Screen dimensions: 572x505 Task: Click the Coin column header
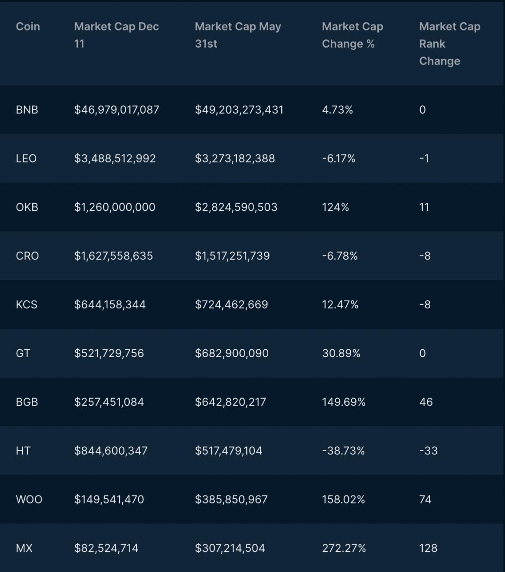(x=28, y=27)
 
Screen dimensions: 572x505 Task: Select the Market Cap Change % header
(x=352, y=35)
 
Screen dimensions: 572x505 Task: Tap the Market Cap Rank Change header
(x=450, y=44)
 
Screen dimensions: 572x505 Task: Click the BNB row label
(x=27, y=110)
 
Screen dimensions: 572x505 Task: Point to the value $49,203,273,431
(x=239, y=110)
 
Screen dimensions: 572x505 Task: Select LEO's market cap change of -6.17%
(x=339, y=159)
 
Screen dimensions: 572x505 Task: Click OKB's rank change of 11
(x=424, y=207)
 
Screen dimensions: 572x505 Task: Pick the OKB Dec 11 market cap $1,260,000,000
(x=114, y=207)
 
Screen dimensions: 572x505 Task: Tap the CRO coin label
(x=27, y=256)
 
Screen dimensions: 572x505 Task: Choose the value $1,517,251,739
(x=232, y=256)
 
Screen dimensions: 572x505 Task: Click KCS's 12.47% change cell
(x=340, y=305)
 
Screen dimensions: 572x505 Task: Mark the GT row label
(x=23, y=353)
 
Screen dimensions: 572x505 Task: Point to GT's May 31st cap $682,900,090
(x=232, y=353)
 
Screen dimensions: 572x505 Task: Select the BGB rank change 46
(x=426, y=402)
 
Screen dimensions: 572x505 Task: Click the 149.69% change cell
(x=343, y=402)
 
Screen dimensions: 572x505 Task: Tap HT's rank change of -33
(x=428, y=451)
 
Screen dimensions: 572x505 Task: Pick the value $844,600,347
(x=111, y=451)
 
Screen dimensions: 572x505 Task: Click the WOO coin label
(x=29, y=500)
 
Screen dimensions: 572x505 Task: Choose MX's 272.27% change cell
(x=344, y=548)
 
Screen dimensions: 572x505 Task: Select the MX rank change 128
(x=428, y=548)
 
